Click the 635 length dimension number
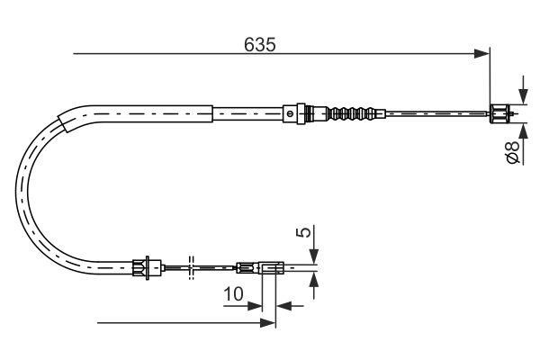pos(260,45)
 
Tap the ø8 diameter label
pos(512,151)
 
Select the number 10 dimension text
pos(233,294)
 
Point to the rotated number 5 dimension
pos(303,232)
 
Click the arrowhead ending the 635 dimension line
pos(481,54)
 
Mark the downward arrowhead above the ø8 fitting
pos(523,97)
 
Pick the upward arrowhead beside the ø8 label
pos(523,130)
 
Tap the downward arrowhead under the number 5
pos(314,256)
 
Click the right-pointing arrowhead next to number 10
pos(255,306)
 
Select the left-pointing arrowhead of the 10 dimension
pos(284,306)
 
